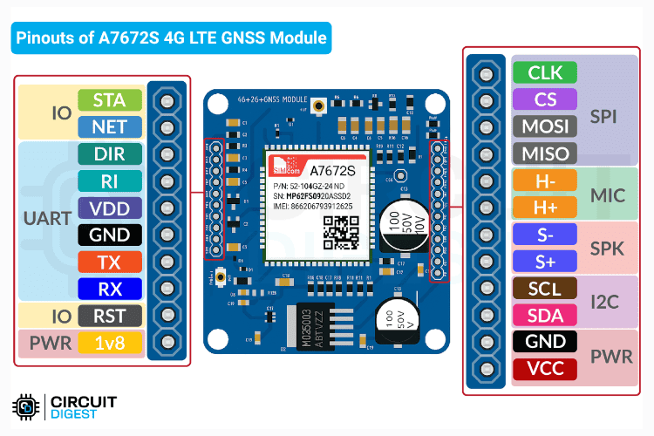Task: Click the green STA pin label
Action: (x=109, y=100)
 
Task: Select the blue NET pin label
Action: (x=109, y=127)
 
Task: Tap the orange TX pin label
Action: (x=109, y=262)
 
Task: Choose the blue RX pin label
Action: (x=109, y=289)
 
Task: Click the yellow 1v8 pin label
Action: (x=109, y=343)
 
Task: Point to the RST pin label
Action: (x=109, y=316)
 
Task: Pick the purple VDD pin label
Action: (x=109, y=208)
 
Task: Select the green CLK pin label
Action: (x=545, y=72)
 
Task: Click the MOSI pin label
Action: (x=545, y=126)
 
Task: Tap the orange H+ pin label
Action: (x=545, y=208)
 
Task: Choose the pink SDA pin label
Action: (x=545, y=315)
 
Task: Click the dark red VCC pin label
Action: (x=545, y=369)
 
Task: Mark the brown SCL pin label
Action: (x=545, y=288)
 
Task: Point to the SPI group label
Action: (x=608, y=115)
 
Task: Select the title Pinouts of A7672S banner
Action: (x=171, y=38)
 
